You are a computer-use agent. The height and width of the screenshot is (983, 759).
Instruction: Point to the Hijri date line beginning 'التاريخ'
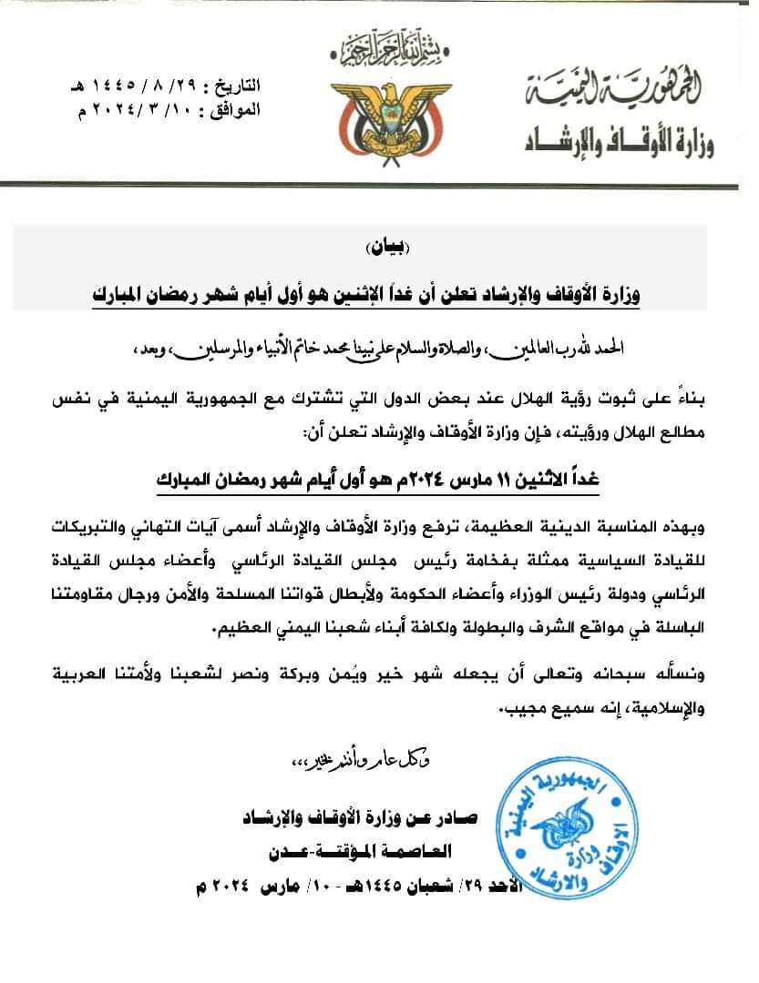pos(172,88)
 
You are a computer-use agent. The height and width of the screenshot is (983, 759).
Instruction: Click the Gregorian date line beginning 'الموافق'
pos(172,111)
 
